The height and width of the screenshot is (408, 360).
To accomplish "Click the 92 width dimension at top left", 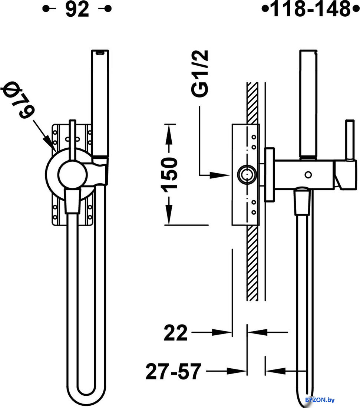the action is [x=77, y=9].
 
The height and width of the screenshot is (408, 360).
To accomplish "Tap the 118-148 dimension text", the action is [x=311, y=9].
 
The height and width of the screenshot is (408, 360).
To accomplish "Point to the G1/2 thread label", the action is [x=200, y=74].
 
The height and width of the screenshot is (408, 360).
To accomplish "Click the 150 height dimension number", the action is [x=169, y=174].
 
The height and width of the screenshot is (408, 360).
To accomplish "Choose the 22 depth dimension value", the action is [x=176, y=333].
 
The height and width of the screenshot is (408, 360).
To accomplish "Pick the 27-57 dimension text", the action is [x=174, y=371].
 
